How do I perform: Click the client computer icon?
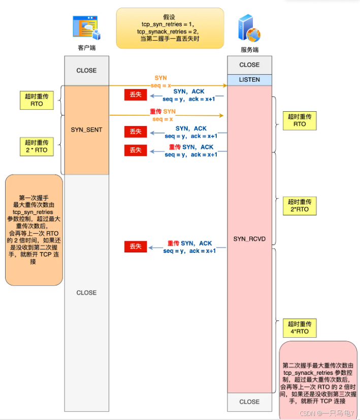point(86,27)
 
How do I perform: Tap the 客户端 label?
point(86,48)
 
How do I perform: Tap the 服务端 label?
point(249,50)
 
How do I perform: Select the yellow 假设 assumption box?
point(170,27)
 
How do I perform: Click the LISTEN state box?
point(249,80)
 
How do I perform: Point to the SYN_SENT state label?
point(86,130)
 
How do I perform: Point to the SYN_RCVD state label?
point(249,238)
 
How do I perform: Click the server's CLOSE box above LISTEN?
point(249,65)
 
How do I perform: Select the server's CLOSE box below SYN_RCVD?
point(249,402)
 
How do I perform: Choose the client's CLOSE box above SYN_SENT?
point(86,71)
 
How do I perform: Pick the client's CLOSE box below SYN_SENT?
point(86,293)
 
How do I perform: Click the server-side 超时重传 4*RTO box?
point(300,328)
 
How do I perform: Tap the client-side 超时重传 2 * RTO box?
point(37,146)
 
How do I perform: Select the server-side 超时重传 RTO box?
point(300,120)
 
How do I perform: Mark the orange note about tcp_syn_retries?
point(34,230)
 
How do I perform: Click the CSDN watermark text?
point(327,413)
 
